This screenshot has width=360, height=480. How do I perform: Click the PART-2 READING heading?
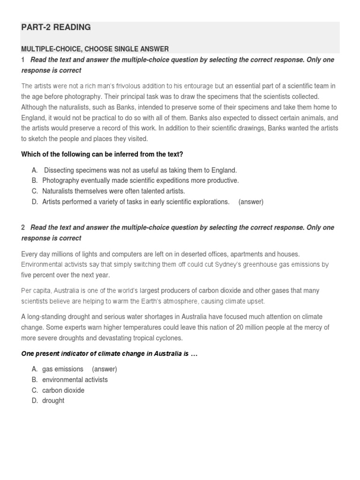[56, 28]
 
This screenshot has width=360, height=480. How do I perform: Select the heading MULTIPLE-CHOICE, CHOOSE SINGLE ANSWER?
[95, 49]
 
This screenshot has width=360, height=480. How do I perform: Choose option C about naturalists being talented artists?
[113, 191]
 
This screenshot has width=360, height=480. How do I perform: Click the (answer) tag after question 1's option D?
[251, 202]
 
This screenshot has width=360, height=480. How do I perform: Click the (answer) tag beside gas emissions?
[104, 369]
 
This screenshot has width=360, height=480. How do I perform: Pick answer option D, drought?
[53, 401]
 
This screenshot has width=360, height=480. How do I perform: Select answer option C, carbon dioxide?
[63, 390]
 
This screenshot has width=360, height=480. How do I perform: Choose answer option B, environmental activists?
[75, 380]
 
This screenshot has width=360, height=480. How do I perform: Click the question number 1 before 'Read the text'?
[22, 60]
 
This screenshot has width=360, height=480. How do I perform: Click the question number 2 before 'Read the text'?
[22, 227]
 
